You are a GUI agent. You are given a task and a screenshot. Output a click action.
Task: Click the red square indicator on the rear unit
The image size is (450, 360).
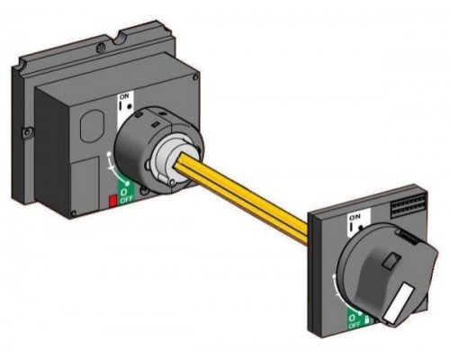[x=112, y=201]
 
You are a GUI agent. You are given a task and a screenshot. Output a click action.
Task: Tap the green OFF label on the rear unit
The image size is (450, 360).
[x=125, y=195]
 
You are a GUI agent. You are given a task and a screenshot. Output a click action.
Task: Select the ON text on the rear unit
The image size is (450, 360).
[x=124, y=96]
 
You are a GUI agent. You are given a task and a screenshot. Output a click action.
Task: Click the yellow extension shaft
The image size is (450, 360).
[x=243, y=199]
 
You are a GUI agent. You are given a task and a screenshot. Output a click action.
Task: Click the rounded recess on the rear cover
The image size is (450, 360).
[x=92, y=126]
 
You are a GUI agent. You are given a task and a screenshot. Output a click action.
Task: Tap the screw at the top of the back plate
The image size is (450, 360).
[x=101, y=47]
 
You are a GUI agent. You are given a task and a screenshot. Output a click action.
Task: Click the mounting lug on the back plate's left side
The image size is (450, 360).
[x=27, y=133]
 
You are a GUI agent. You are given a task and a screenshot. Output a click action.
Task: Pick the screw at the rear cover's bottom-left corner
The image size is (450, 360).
[x=74, y=214]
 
